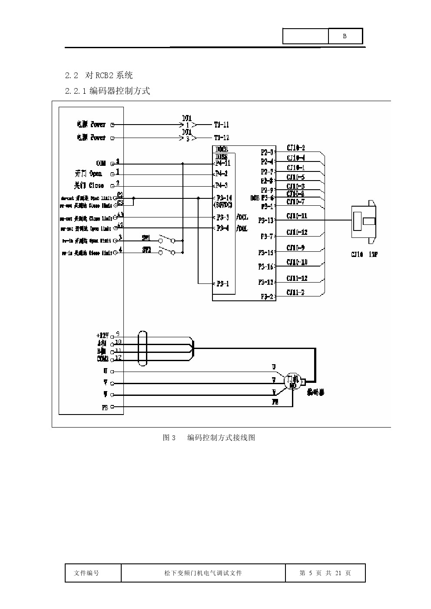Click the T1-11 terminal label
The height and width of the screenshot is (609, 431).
221,125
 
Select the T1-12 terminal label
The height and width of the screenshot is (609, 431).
221,138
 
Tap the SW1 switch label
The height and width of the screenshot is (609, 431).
146,238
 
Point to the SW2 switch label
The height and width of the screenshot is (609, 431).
146,250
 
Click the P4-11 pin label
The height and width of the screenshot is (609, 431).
222,163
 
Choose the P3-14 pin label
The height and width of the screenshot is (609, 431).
224,198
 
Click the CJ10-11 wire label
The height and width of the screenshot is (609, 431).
297,216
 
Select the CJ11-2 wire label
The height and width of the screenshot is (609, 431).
295,293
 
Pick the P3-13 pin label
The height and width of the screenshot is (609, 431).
266,221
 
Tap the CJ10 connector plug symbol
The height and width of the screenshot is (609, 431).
364,221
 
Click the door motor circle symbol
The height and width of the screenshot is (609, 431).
292,381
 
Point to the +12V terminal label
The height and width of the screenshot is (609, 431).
102,336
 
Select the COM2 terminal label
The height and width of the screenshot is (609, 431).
103,359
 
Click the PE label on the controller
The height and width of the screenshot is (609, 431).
105,407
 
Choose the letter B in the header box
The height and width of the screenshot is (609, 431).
345,36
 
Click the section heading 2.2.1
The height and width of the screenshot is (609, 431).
107,91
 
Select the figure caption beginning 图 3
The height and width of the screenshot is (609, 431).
209,438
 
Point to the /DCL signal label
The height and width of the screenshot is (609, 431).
242,217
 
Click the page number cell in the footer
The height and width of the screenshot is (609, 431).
325,573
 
